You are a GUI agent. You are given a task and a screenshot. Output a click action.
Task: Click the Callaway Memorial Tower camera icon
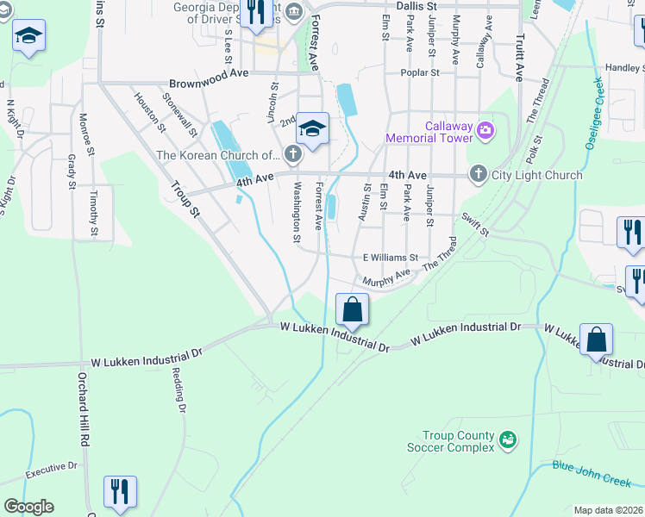485,131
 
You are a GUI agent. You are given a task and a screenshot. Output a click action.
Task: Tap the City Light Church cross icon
478,175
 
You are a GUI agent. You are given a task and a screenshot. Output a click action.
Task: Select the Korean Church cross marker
292,155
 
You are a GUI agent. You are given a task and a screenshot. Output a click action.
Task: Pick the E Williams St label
390,257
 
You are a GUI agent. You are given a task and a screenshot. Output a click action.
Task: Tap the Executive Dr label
51,470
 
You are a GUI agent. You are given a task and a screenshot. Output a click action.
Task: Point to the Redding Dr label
178,389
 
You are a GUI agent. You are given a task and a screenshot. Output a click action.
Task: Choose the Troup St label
185,197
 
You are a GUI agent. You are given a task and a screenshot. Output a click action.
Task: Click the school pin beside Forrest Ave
312,129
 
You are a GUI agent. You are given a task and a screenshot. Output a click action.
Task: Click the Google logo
28,507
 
